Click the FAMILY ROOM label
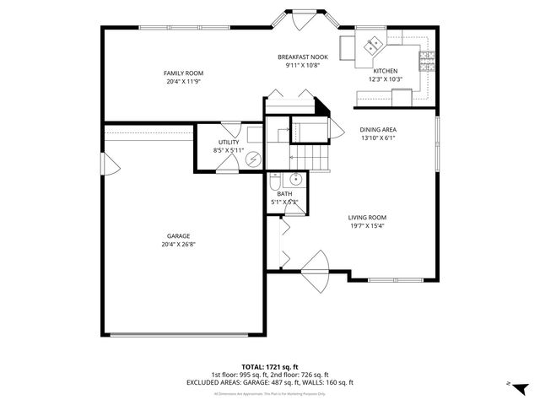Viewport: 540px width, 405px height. pos(183,73)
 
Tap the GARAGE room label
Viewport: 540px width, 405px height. pos(178,235)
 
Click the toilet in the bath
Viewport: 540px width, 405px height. pos(276,181)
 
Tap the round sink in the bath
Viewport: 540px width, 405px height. pos(296,180)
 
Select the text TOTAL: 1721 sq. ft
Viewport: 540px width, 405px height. pos(269,366)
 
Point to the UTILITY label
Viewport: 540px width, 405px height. pos(229,142)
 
